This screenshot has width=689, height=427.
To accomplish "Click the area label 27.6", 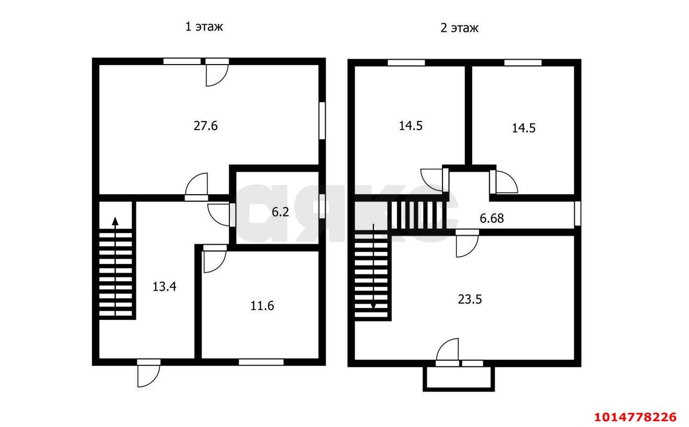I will pos(205,126).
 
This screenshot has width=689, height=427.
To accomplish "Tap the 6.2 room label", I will pos(280,212).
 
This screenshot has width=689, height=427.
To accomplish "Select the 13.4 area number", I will pos(164,286).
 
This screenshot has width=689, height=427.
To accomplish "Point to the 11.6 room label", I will pos(262,306).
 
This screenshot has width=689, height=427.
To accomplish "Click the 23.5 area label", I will pos(469,299).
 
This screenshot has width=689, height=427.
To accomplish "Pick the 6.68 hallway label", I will pos(491,218).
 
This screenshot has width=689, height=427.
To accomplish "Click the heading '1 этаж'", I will pos(203,27).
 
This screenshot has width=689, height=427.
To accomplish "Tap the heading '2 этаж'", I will pos(459,28).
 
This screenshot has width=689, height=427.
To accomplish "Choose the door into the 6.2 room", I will pos(221,215).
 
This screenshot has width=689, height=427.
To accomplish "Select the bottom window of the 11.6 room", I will pos(261,362).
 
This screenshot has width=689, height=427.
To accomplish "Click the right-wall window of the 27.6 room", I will pos(322,121).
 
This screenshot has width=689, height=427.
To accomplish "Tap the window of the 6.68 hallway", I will pos(578,213).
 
